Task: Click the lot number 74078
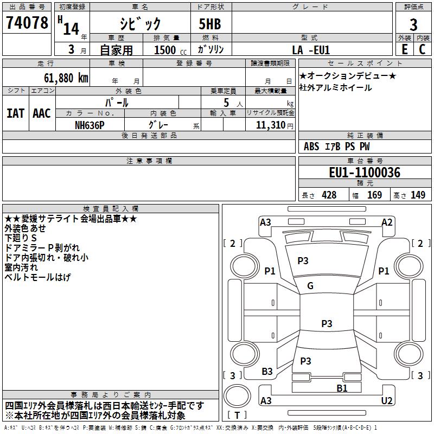point(27,22)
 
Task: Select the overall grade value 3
point(413,24)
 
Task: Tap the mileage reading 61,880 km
point(66,78)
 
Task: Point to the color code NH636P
point(90,125)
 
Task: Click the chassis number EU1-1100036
point(365,173)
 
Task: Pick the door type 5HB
point(210,24)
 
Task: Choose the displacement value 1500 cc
point(170,50)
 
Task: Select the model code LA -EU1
point(311,50)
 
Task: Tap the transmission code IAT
point(16,113)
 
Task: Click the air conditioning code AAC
point(42,113)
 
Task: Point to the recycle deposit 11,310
point(271,125)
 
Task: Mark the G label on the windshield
point(310,286)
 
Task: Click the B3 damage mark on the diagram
point(267,372)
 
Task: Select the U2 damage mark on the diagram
point(387,400)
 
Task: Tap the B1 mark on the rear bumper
point(342,388)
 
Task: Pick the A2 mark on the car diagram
point(387,222)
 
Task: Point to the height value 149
point(418,195)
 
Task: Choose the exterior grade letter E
point(405,49)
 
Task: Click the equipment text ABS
point(311,146)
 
